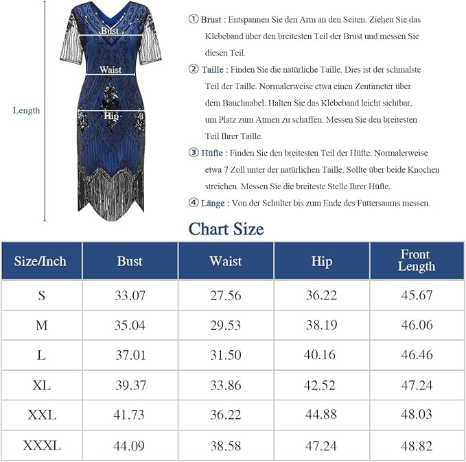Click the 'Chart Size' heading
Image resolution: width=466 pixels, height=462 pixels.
coord(226,228)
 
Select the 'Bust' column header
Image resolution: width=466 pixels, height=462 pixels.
coord(130,260)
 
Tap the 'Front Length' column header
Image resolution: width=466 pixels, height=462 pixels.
coord(416,260)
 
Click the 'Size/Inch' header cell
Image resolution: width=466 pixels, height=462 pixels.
coord(41,260)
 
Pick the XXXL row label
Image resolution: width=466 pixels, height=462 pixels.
coord(41,446)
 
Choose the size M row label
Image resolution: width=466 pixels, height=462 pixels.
coord(41,325)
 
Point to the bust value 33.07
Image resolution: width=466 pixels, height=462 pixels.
coord(130,295)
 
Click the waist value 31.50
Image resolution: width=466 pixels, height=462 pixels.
coord(226,355)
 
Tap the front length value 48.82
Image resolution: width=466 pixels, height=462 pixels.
coord(417,446)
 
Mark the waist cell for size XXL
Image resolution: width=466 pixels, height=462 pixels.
coord(226,415)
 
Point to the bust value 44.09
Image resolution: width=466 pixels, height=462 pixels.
coord(130,446)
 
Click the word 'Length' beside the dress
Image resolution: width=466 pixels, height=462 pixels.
coord(27,110)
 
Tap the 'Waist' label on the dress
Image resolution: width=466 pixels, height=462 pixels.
coord(110,70)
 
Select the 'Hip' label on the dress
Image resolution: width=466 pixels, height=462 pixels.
coord(111,117)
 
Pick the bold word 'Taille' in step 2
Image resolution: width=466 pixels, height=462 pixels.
coord(213,69)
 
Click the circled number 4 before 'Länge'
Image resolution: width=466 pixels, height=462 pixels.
coord(194,203)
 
